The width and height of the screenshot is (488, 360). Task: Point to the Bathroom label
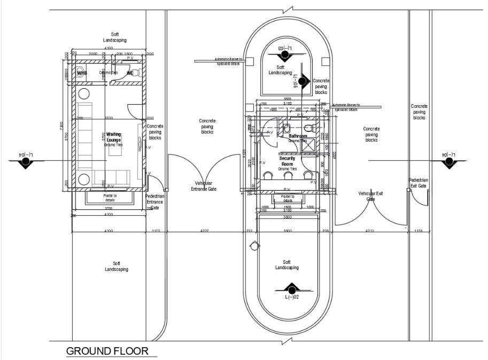click(298, 137)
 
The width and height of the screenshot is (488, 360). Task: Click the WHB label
click(82, 73)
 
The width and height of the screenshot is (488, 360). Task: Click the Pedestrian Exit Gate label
click(418, 183)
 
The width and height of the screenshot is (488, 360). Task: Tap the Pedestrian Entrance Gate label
click(155, 201)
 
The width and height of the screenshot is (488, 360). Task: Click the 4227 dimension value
click(205, 231)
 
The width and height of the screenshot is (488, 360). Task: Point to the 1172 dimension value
click(156, 231)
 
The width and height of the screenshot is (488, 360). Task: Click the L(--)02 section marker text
click(291, 297)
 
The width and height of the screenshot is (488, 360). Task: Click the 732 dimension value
click(249, 231)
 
